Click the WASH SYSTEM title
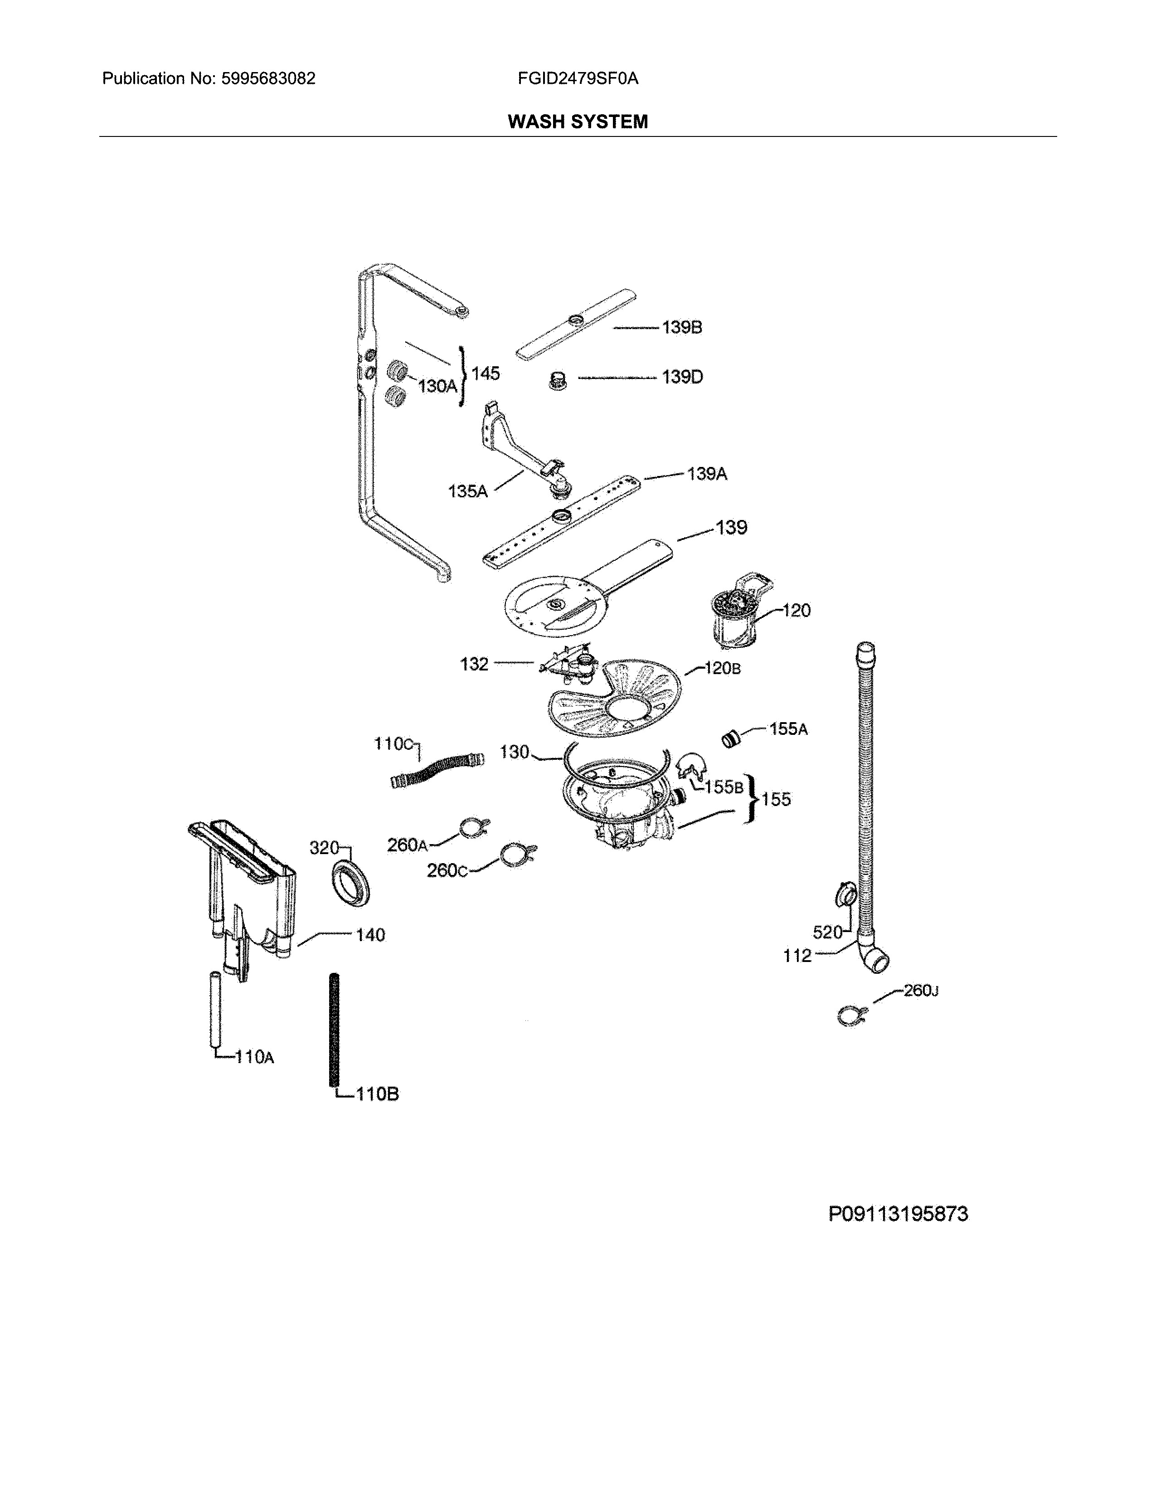point(577,122)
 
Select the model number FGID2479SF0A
point(578,79)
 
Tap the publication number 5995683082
point(268,79)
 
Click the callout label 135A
point(468,491)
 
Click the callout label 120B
point(722,668)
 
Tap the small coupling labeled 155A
point(731,739)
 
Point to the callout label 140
point(370,935)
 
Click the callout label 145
point(486,373)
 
